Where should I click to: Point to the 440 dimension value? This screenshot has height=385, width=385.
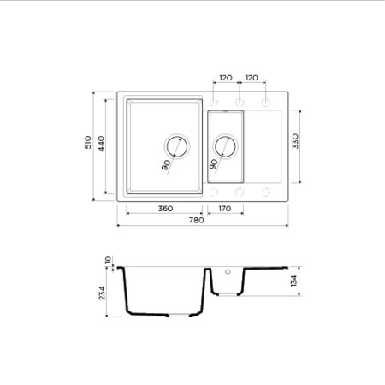pyautogui.click(x=100, y=145)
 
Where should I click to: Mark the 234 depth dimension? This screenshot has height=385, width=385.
pyautogui.click(x=103, y=293)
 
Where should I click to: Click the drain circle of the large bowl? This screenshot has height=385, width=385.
pyautogui.click(x=177, y=145)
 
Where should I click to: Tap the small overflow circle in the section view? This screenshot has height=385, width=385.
pyautogui.click(x=228, y=272)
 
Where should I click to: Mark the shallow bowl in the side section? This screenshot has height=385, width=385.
pyautogui.click(x=227, y=281)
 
